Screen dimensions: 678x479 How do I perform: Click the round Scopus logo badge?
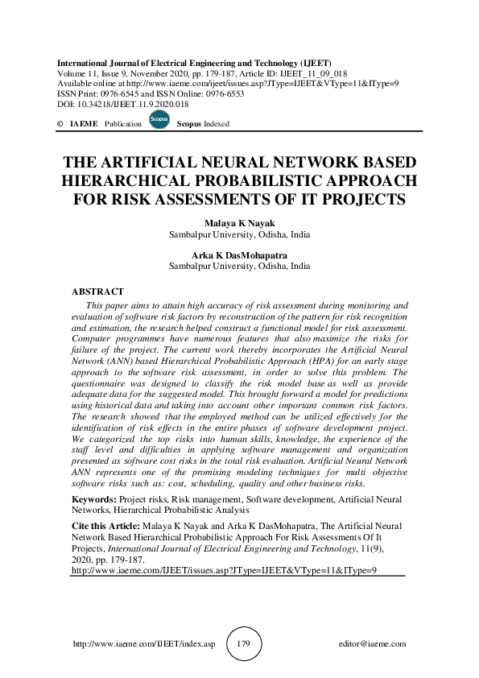coord(159,120)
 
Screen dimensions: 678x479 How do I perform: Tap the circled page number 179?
coord(244,644)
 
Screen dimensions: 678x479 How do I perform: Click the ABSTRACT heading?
coord(97,291)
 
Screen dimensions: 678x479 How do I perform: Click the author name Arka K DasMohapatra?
coord(239,254)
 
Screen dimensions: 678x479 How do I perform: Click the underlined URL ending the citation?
coord(225,568)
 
